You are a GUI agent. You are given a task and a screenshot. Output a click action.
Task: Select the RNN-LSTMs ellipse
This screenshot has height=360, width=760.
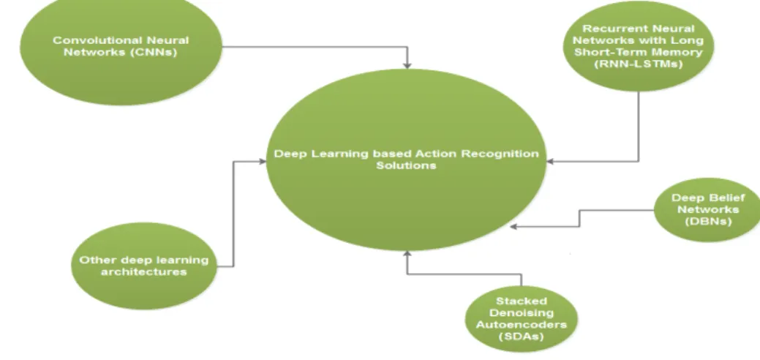point(639,46)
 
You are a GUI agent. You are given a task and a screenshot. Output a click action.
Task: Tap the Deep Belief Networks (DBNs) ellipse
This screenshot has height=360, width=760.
point(707,209)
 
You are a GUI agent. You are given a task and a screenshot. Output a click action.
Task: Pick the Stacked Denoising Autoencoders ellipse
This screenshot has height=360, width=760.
point(522,319)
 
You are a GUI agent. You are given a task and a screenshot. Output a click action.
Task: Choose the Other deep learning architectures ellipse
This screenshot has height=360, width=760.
point(144,266)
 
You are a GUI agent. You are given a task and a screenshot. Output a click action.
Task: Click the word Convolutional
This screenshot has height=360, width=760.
point(90,40)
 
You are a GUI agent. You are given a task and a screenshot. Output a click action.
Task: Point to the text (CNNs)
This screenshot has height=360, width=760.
point(154,52)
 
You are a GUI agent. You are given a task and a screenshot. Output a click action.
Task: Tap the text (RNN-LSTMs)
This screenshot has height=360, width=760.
point(639,64)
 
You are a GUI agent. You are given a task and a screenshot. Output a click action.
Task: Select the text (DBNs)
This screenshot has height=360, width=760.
point(708,221)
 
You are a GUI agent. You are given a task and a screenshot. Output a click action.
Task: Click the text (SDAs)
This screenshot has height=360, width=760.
point(522,337)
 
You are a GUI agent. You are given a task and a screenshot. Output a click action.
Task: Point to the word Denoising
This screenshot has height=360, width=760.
point(522,313)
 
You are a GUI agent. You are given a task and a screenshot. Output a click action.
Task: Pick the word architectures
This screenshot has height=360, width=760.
point(144,271)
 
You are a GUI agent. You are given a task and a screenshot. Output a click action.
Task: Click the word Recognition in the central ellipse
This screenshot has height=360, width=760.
point(500,154)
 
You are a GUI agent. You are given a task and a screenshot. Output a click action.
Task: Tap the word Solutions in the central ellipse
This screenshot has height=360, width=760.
point(406,165)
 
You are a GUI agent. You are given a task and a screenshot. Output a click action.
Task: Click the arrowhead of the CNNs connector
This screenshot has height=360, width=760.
point(407,64)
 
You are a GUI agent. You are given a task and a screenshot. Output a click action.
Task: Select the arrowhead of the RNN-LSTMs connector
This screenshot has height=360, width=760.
point(550,162)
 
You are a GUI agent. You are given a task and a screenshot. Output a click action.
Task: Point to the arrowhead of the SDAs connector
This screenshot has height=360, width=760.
point(407,254)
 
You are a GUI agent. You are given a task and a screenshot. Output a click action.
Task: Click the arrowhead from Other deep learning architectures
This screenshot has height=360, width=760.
point(262,162)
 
